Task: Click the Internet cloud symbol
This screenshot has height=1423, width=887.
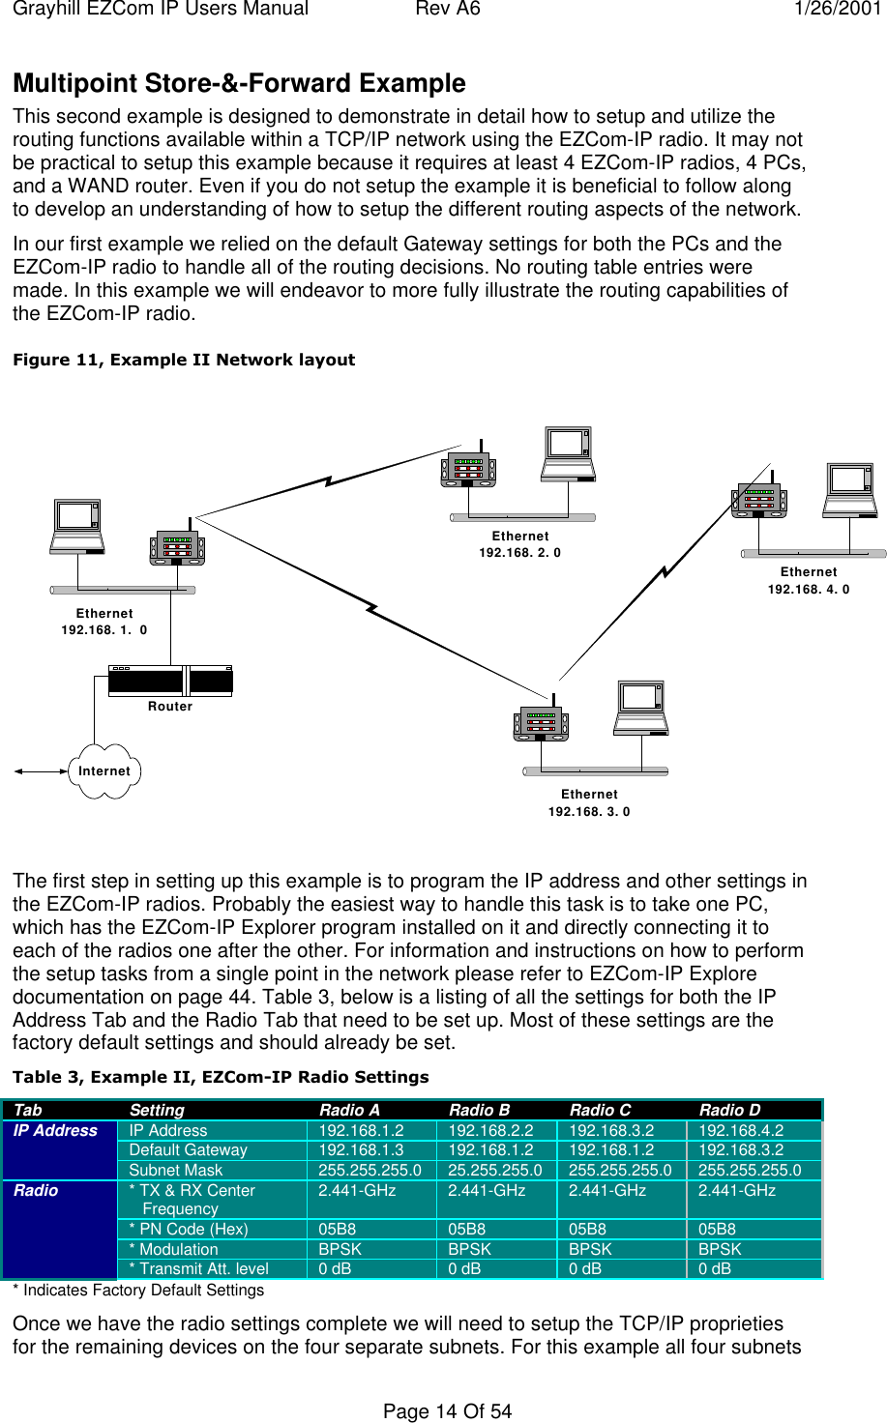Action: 104,770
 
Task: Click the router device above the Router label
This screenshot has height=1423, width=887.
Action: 170,681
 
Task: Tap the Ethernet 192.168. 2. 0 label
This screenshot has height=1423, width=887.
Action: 520,544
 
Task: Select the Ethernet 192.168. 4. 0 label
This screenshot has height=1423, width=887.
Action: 809,580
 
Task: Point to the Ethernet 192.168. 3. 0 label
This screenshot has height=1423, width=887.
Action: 589,802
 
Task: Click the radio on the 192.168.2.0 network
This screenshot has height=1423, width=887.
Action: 469,471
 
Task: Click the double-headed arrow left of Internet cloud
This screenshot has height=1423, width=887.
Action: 41,771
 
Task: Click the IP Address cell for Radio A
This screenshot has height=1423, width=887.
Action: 362,1130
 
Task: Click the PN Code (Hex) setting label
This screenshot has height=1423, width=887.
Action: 189,1229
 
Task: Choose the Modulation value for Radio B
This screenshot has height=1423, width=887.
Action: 470,1249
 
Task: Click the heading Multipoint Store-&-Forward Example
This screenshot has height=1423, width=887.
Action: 239,83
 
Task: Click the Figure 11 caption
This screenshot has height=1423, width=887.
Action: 184,360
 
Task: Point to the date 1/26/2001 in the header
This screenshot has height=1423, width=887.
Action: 837,10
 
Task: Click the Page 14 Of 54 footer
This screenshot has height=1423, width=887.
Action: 447,1410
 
